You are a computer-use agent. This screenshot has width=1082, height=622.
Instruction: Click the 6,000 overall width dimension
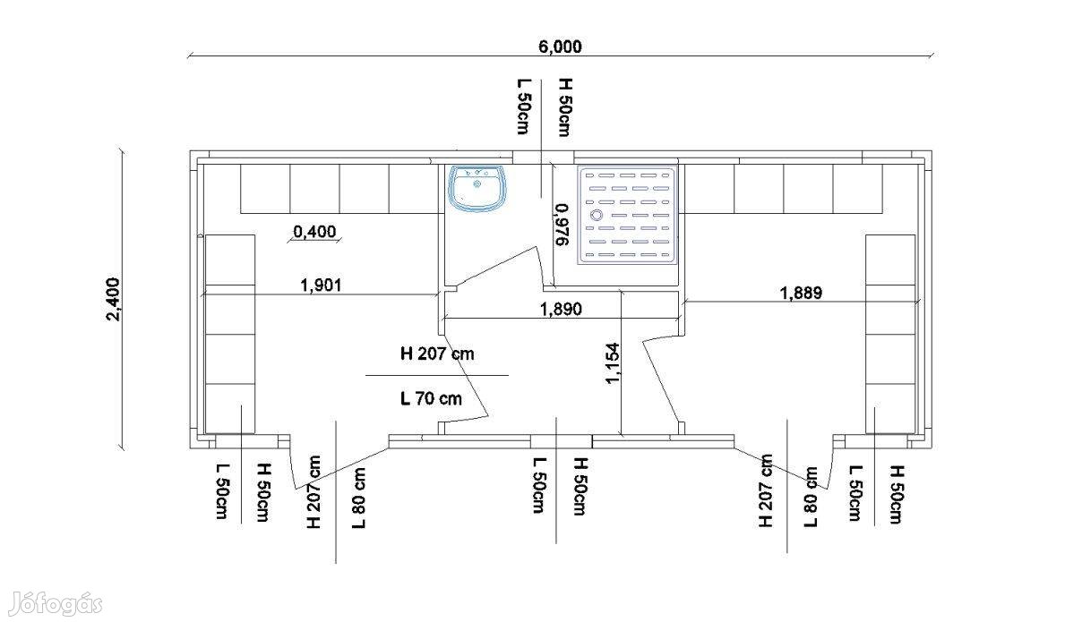click(560, 47)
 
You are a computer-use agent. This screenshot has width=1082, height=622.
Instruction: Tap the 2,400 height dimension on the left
click(113, 299)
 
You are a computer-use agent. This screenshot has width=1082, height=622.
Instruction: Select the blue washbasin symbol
click(477, 189)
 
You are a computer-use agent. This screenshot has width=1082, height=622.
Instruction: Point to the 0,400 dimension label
click(314, 232)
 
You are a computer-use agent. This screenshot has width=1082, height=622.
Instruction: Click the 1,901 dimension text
click(321, 285)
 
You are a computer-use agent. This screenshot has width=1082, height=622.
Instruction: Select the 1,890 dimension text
click(561, 309)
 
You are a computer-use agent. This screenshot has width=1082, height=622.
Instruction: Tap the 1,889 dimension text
click(801, 293)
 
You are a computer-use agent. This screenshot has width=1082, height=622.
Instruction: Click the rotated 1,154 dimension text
click(612, 363)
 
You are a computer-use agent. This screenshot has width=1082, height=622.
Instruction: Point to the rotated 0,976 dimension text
click(562, 225)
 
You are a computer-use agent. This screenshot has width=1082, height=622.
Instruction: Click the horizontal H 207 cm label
click(437, 354)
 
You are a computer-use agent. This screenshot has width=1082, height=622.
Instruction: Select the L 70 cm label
click(431, 398)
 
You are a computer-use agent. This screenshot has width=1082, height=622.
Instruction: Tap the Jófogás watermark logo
click(56, 603)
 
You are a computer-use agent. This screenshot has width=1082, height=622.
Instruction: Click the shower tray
click(627, 215)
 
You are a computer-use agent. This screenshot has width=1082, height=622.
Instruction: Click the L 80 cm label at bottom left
click(358, 498)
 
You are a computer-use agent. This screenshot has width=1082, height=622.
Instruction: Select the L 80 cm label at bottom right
click(810, 497)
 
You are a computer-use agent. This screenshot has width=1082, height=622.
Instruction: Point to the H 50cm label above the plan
click(564, 107)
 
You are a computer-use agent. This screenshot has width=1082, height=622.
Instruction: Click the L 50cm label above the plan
click(523, 107)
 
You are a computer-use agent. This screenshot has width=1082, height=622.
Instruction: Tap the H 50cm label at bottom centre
click(580, 486)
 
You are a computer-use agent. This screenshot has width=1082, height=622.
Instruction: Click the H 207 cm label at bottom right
click(766, 490)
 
